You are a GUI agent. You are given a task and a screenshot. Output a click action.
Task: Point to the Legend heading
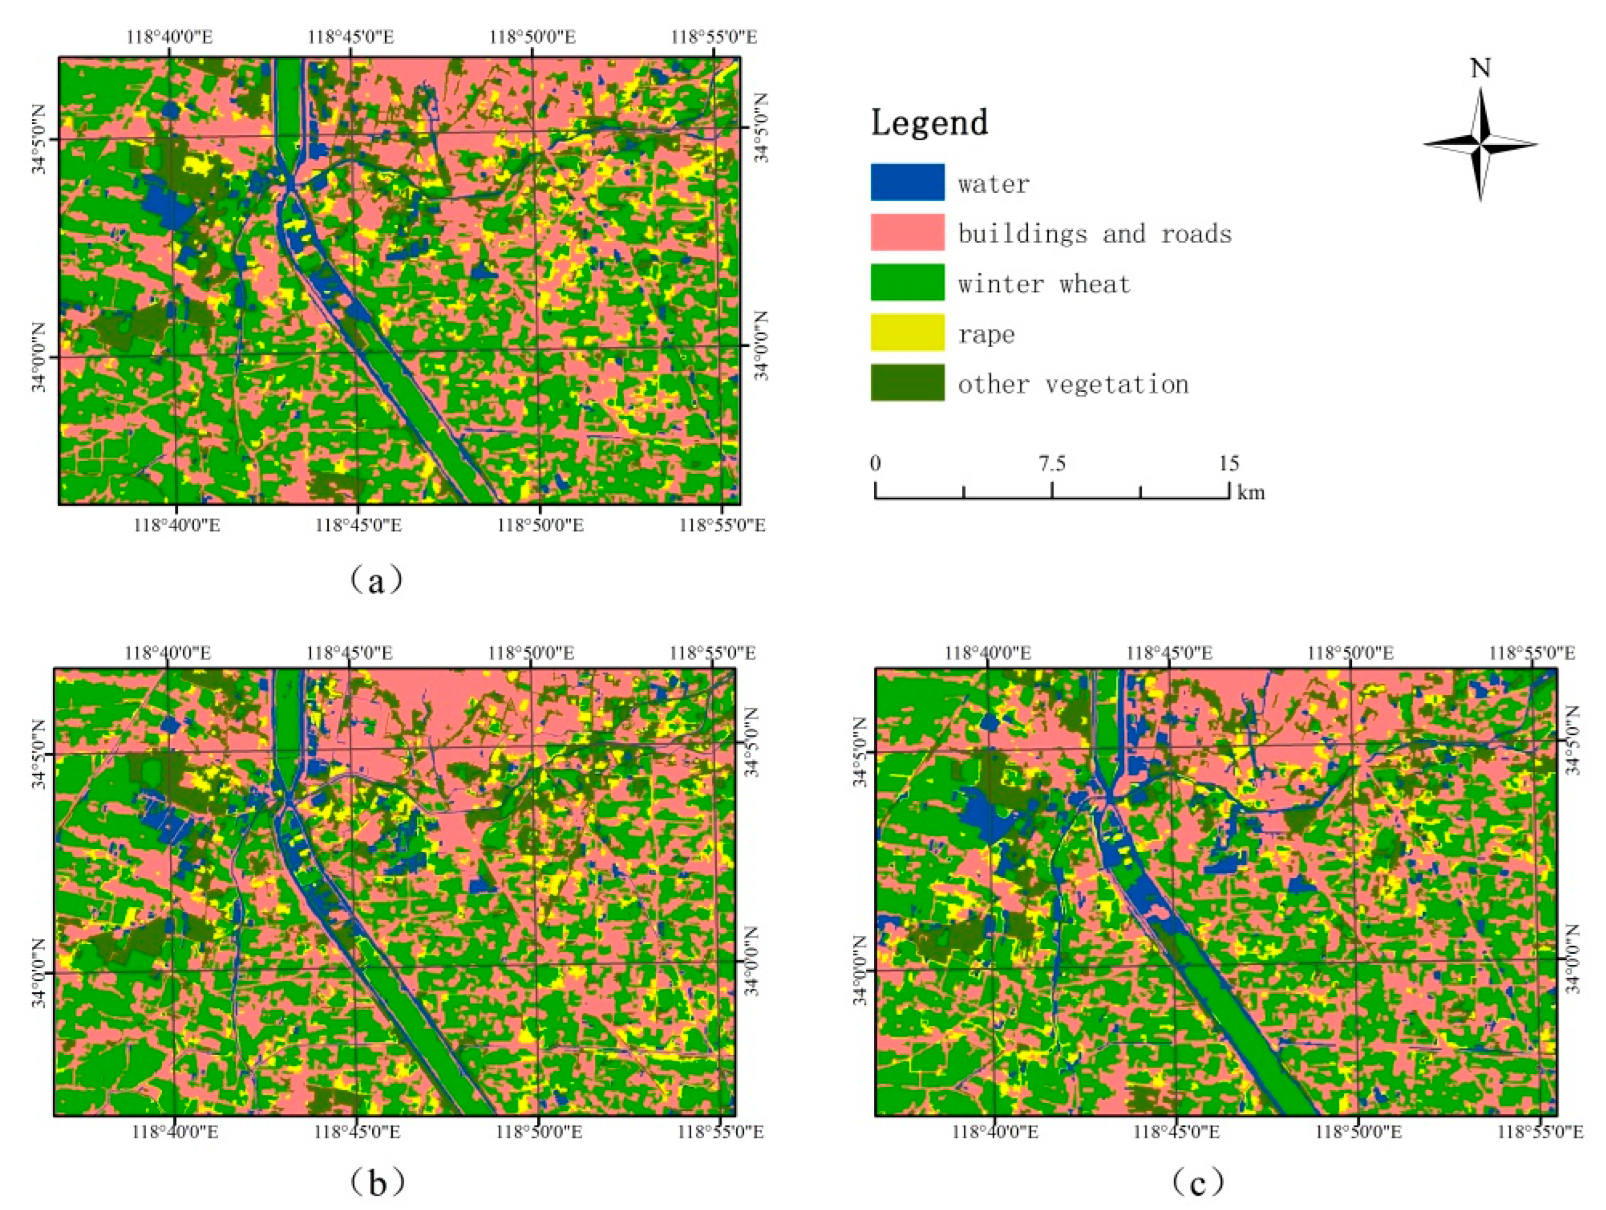coord(929,122)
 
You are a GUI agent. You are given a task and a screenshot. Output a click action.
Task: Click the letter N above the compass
coord(1480,69)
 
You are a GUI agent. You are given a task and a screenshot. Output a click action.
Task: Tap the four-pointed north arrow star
coord(1480,145)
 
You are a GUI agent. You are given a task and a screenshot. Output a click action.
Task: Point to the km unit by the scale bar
coord(1251,493)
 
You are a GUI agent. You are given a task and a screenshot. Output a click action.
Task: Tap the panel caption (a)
coord(375,581)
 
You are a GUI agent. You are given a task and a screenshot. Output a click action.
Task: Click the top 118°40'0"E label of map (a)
coord(169,37)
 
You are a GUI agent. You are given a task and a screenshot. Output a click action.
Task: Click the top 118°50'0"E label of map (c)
coord(1350,653)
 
